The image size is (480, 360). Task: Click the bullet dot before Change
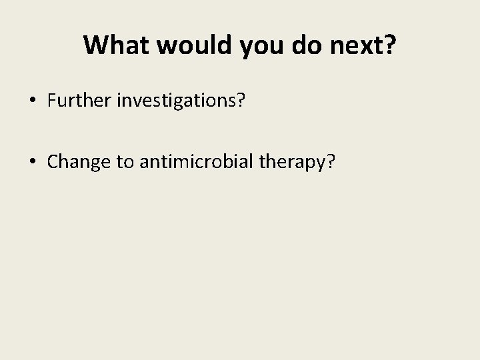click(x=33, y=161)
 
